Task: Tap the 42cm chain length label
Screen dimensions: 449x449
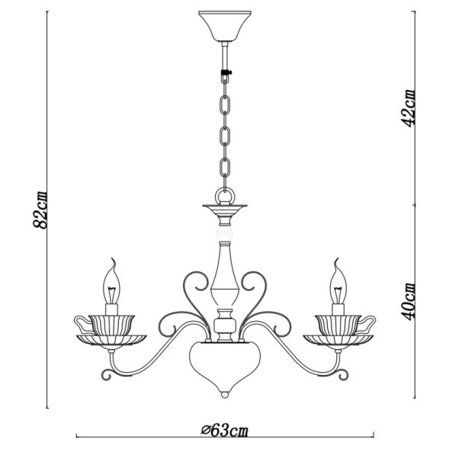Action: (x=409, y=107)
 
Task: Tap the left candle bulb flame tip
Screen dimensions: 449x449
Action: (x=115, y=261)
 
